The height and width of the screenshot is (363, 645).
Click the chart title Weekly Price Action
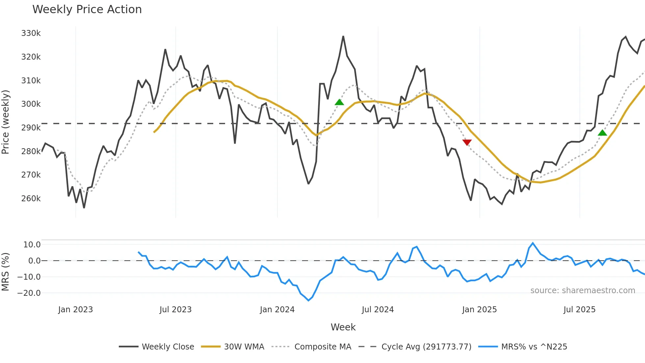87,10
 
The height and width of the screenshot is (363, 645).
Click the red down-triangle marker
467,142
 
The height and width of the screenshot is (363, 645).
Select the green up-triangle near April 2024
339,102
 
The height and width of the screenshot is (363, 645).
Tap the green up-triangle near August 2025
602,133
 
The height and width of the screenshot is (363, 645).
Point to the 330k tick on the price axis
31,33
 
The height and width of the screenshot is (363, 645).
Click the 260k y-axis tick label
31,199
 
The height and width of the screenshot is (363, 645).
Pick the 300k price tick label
31,104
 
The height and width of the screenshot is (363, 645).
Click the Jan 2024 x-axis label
277,310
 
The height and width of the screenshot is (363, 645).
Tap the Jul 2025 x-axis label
579,310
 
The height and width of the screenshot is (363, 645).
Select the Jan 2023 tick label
75,310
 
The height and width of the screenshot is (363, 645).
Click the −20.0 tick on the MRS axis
29,293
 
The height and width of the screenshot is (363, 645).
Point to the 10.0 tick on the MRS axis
32,245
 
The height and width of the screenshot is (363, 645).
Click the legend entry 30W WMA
244,347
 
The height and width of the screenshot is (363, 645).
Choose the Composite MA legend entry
322,347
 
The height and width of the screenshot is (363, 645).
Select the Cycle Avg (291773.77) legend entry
426,347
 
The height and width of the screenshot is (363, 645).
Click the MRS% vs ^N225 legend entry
534,347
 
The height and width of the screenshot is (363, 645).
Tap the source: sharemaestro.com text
582,291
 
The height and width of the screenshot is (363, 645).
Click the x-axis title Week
343,327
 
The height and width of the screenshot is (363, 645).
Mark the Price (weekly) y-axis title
6,122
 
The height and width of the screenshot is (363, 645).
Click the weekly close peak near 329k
343,37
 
